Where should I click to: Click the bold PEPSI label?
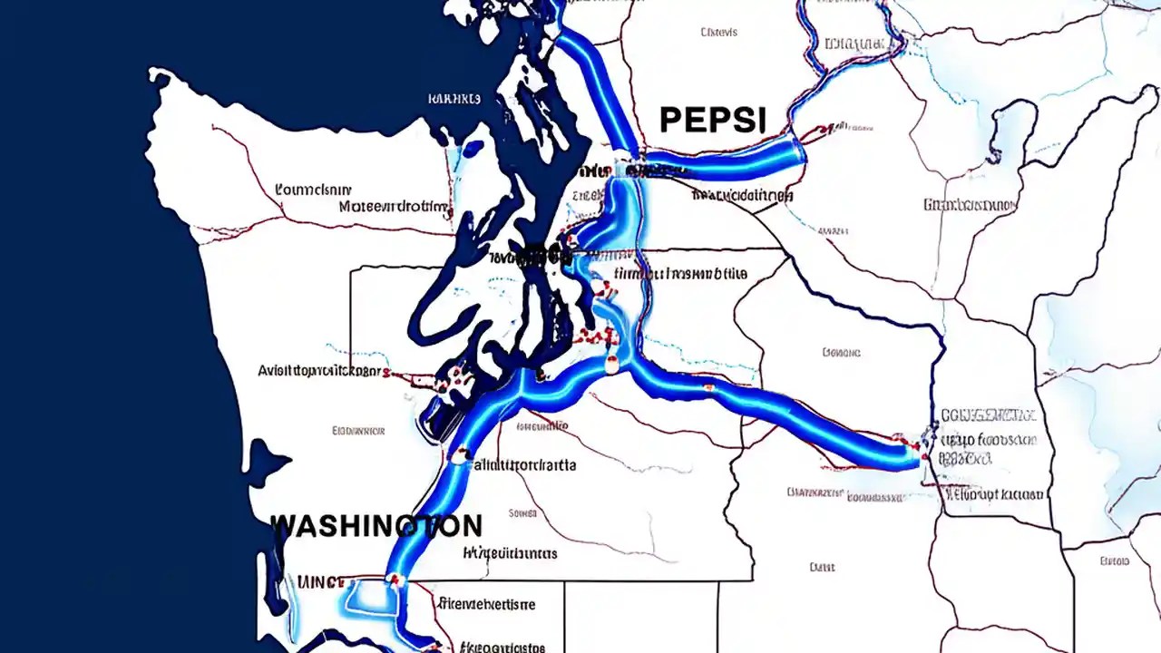coord(713,121)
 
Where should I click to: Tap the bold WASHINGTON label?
coord(376,525)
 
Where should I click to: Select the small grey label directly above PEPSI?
coord(719,33)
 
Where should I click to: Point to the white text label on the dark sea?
coord(454,99)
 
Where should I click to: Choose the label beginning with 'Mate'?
coord(395,207)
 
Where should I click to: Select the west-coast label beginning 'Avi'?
coord(318,370)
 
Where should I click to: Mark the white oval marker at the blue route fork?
coord(612,365)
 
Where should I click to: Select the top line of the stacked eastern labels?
coord(989,415)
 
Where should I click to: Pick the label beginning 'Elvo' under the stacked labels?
coord(995,495)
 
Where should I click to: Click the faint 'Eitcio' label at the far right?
coord(1114,561)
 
